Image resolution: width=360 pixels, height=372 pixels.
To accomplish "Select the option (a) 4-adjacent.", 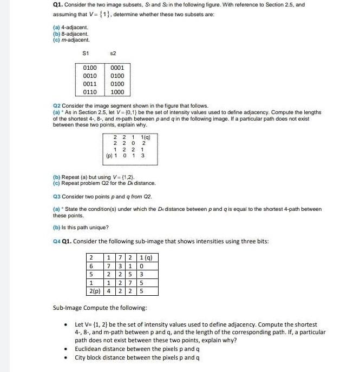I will click(70, 27).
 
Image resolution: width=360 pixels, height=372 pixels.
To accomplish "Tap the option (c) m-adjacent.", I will click(71, 39).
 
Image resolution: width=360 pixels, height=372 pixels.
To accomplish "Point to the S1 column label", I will click(86, 52).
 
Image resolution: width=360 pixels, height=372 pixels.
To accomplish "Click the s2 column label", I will click(113, 52).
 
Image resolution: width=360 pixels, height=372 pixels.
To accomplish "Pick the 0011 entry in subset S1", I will click(90, 84).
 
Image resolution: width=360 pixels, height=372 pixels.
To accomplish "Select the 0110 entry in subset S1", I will click(90, 92).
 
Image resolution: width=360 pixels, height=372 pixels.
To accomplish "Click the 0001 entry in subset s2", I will click(117, 68).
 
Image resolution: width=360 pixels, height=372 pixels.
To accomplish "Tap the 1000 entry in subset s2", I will click(117, 92).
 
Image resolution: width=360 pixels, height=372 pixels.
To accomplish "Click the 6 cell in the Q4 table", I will click(91, 265).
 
